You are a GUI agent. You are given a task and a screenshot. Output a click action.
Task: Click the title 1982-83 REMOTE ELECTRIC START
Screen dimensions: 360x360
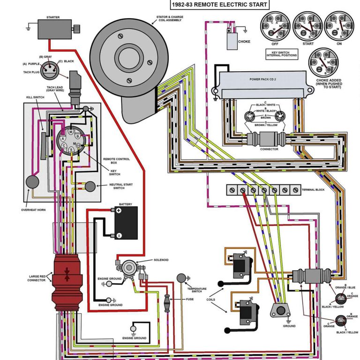[x=219, y=5]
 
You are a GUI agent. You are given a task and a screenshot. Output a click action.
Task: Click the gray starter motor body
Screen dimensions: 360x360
[x=54, y=29]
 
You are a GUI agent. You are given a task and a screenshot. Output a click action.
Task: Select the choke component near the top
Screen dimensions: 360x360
[x=233, y=40]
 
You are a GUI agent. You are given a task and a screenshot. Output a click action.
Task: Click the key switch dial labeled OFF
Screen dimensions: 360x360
[x=275, y=26]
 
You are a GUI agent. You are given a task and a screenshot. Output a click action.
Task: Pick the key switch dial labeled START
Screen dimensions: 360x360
[x=307, y=26]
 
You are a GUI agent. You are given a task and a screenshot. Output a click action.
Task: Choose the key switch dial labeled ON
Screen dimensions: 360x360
[x=339, y=26]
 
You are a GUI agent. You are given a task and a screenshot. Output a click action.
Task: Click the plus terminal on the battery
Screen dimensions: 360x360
[x=119, y=210]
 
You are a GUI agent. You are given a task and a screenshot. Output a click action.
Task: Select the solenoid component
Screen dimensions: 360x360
[x=129, y=270]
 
